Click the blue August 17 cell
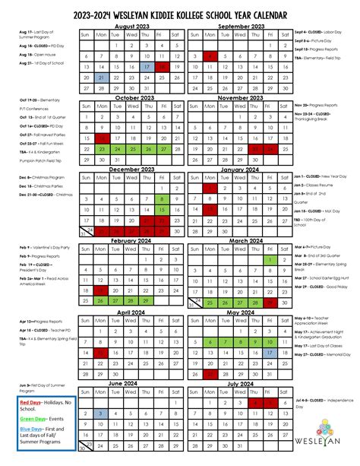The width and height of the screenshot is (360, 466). pos(146,67)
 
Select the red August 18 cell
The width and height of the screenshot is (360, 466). pos(161,67)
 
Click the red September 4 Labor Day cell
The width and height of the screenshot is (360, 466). pos(210,56)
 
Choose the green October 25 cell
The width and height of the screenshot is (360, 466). pos(131,149)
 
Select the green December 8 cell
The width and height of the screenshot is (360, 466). pos(161,199)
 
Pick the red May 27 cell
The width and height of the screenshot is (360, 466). pos(210,352)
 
